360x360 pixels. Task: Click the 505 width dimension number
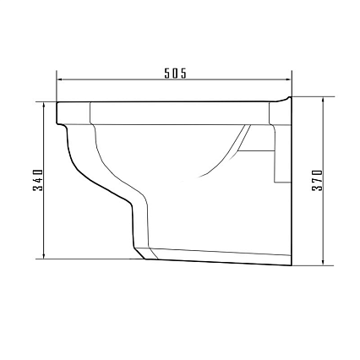coord(175,74)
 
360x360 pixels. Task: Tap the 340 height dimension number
coord(38,180)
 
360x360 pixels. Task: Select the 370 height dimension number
coord(318,180)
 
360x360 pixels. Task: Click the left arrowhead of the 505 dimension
coord(60,79)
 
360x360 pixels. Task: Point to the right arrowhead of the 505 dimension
coord(288,79)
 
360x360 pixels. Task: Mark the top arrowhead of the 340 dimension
coord(44,105)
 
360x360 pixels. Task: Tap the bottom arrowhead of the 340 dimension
coord(44,255)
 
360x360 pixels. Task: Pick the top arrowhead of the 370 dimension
coord(324,100)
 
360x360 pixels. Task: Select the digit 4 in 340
coord(38,180)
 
